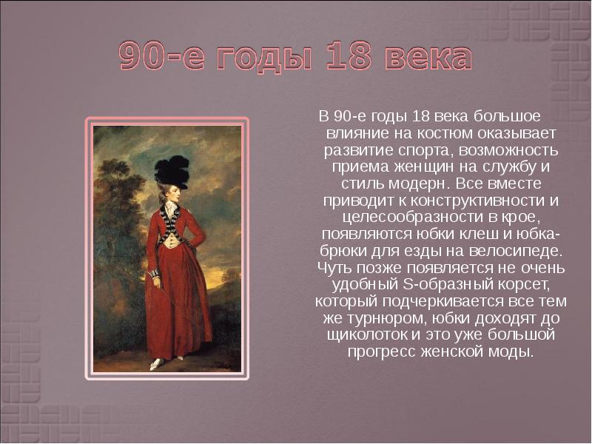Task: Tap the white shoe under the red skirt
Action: (157, 364)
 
